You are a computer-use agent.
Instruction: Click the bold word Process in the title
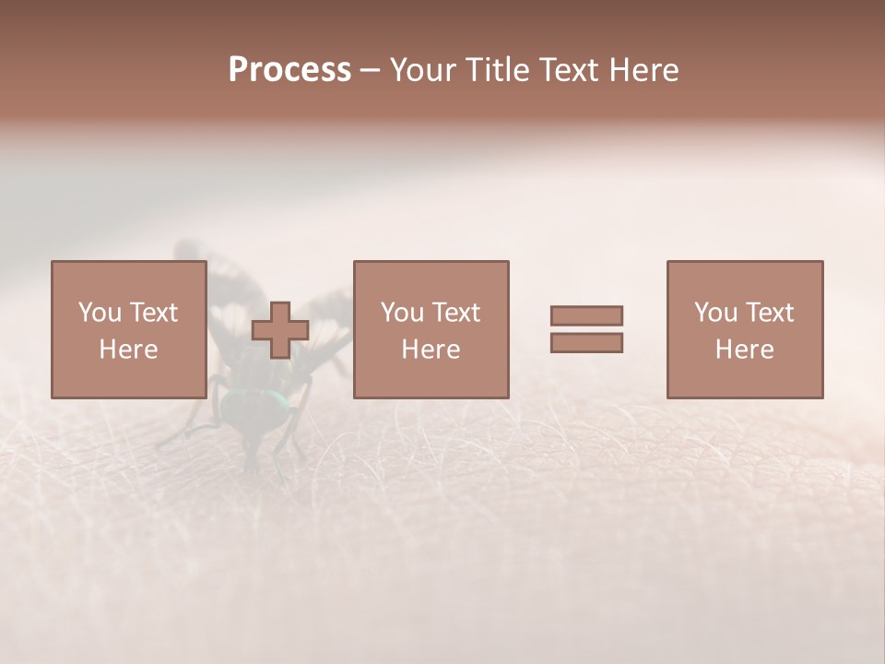[x=289, y=70]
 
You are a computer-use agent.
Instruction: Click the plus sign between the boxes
[x=280, y=330]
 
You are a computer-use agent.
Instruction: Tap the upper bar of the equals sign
[x=586, y=315]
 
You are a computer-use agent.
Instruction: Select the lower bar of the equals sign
[x=586, y=343]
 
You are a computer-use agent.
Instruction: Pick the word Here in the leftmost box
[x=128, y=350]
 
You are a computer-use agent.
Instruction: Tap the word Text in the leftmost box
[x=152, y=313]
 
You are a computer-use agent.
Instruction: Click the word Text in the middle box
[x=454, y=313]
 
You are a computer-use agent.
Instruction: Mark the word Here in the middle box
[x=431, y=350]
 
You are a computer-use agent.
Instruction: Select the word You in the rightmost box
[x=715, y=313]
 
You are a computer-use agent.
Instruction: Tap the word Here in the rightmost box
[x=744, y=350]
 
